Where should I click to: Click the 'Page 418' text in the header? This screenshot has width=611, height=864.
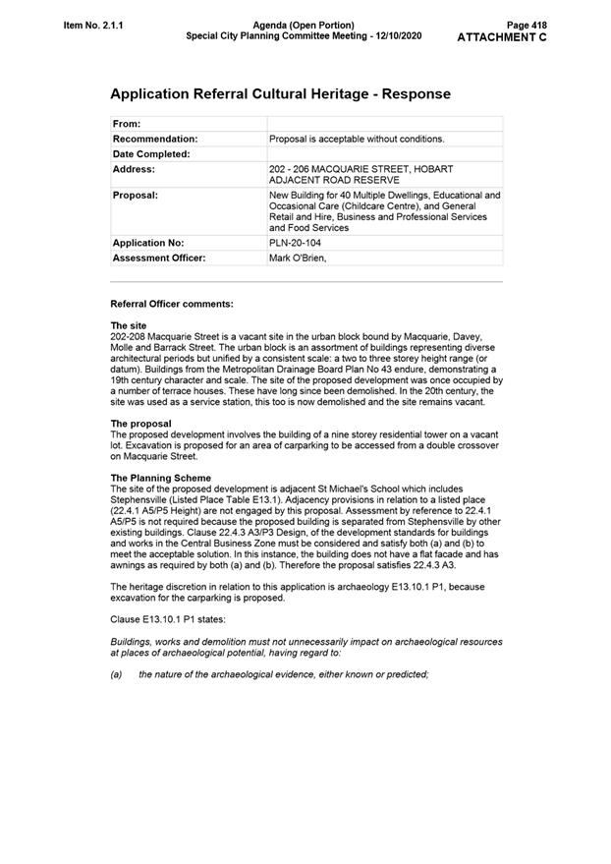coord(527,24)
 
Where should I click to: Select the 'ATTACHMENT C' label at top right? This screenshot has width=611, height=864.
coord(502,37)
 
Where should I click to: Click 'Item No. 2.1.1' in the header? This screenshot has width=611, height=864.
coord(94,24)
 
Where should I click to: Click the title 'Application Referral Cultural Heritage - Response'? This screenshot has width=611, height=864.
coord(280,94)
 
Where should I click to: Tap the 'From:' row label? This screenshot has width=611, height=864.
coord(127,124)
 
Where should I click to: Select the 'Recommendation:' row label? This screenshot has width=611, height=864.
coord(155,139)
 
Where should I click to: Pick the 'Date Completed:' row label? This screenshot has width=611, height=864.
coord(151,154)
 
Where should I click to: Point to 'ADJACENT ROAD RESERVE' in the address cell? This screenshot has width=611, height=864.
coord(334,181)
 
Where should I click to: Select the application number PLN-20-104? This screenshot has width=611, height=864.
coord(295,242)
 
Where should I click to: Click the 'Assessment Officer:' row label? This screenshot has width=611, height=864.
coord(159,258)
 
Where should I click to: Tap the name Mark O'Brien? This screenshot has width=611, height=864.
coord(297,258)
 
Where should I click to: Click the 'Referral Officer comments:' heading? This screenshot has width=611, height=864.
coord(172,304)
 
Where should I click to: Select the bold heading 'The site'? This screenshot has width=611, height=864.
coord(129,325)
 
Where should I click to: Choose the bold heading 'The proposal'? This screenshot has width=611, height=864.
coord(140,424)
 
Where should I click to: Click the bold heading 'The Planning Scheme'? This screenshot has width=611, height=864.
coord(160,478)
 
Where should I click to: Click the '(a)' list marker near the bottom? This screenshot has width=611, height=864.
coord(116,673)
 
